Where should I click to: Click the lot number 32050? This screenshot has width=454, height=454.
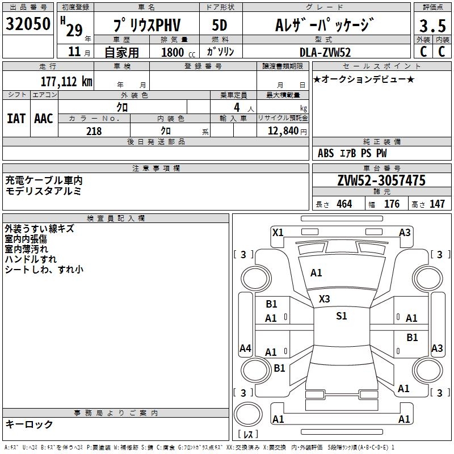(28, 23)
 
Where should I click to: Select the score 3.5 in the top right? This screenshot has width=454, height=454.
(432, 26)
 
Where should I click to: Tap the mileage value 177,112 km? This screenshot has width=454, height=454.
(66, 81)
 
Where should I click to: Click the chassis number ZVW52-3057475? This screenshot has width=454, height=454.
(381, 180)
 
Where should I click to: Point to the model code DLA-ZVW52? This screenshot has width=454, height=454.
(325, 52)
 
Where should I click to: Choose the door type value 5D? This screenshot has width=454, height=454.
(220, 25)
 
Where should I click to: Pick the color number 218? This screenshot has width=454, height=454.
(94, 131)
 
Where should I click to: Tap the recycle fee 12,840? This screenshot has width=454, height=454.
(283, 131)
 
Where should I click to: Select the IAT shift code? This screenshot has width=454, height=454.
(16, 119)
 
